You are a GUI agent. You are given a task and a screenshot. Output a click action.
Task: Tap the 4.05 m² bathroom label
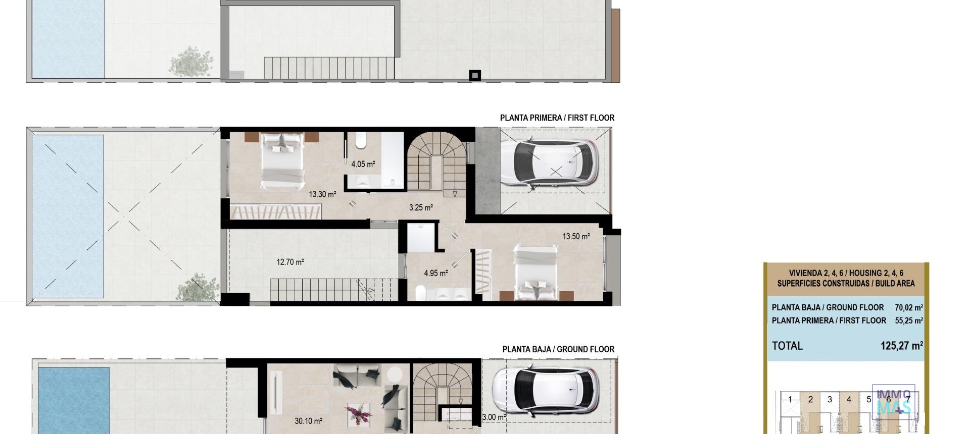(363, 164)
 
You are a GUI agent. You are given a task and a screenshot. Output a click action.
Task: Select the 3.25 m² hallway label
(420, 207)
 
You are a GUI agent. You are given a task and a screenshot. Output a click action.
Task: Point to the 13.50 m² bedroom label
(576, 236)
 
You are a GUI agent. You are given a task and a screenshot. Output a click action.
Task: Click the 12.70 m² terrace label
(290, 262)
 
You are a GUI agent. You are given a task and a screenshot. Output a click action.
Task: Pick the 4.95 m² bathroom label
(435, 273)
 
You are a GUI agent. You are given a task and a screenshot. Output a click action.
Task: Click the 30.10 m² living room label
(308, 421)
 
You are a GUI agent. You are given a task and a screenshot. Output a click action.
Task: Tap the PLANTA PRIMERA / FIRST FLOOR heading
(557, 118)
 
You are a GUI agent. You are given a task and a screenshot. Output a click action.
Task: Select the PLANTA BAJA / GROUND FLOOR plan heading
(558, 349)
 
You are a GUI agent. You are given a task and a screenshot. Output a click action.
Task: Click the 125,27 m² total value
(901, 346)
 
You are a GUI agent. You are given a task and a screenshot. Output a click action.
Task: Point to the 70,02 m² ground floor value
(908, 307)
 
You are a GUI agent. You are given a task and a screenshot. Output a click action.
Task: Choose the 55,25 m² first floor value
(908, 320)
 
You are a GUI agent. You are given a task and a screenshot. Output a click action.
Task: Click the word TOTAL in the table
(787, 346)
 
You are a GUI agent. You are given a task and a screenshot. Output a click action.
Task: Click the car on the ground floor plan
(546, 391)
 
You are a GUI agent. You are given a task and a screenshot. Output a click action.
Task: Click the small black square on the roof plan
(474, 76)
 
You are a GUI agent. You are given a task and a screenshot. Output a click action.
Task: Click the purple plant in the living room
(358, 414)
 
